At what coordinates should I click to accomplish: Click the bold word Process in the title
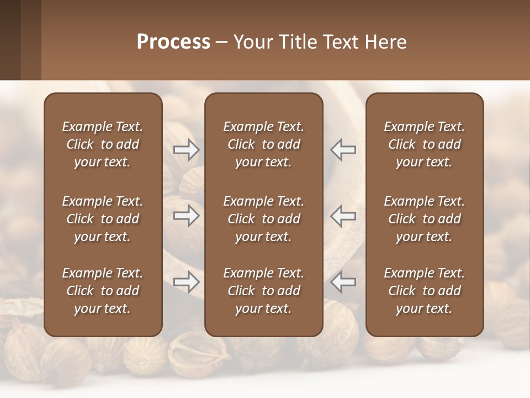(173, 42)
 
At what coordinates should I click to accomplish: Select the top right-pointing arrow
(187, 150)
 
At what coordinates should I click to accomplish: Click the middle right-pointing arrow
(187, 216)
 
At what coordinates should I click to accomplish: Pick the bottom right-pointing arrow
(187, 282)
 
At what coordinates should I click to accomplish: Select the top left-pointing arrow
(343, 150)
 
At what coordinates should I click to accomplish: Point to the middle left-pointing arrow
(343, 216)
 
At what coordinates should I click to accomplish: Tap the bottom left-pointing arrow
(343, 282)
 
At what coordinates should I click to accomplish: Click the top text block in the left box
(103, 144)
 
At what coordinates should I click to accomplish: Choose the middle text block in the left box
(103, 219)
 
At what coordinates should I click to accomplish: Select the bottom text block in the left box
(103, 291)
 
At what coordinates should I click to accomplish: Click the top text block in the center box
(263, 144)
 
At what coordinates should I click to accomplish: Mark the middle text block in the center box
(263, 219)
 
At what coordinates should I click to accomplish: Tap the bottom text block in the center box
(263, 291)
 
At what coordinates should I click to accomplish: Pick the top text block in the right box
(425, 144)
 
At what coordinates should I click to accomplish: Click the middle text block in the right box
(425, 219)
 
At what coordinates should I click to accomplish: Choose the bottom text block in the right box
(425, 291)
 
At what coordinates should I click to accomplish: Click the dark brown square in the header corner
(10, 40)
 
